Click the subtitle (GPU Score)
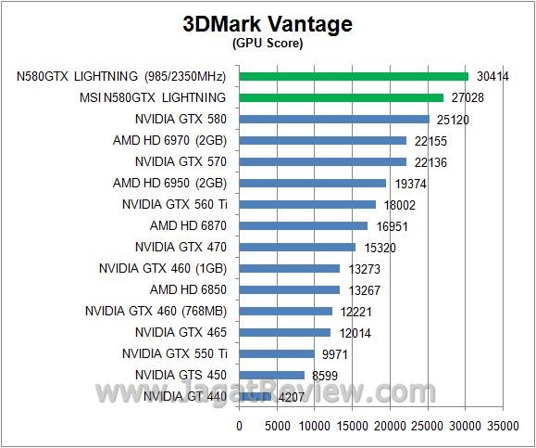tap(268, 44)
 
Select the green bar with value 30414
tap(354, 76)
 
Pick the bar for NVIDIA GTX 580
tap(334, 119)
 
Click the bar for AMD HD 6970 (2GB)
tap(323, 140)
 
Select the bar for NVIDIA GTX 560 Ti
tap(307, 204)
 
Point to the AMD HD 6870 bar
tap(304, 225)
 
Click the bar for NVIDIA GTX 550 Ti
tap(277, 353)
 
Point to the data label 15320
tap(378, 247)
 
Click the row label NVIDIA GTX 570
tap(180, 161)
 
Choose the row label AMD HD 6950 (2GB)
tap(169, 183)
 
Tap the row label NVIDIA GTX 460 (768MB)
tap(155, 311)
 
